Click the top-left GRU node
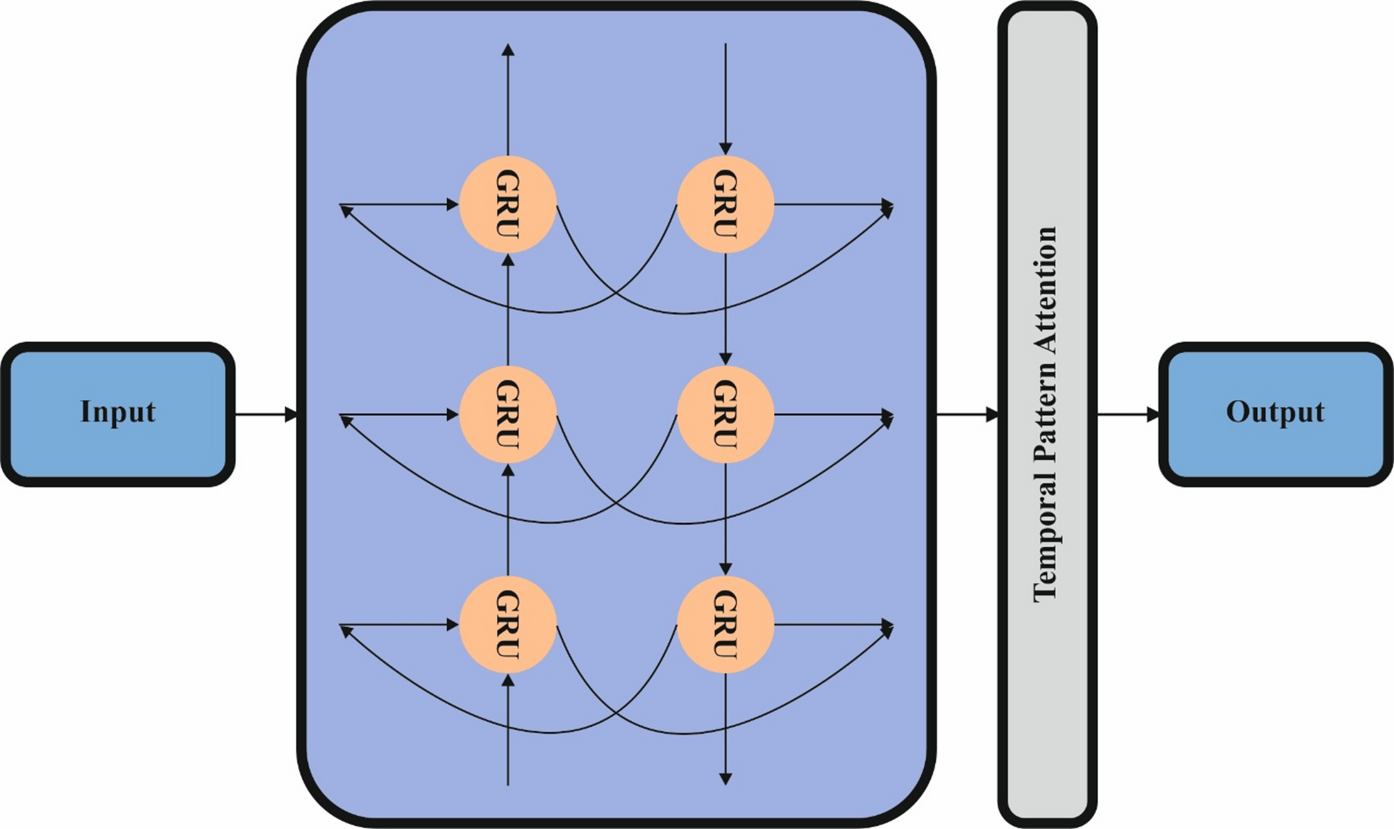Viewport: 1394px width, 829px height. click(508, 205)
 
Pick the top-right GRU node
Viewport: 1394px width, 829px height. click(725, 205)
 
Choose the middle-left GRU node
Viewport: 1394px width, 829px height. click(508, 415)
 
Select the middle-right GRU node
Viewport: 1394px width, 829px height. click(725, 415)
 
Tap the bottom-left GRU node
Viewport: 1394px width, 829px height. click(508, 625)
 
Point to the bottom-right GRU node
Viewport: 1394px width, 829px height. click(725, 625)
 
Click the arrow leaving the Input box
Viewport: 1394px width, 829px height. click(267, 414)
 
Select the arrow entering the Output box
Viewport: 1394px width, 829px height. click(1128, 414)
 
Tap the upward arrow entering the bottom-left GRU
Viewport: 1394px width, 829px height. click(508, 730)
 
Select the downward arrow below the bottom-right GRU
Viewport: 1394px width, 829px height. click(725, 729)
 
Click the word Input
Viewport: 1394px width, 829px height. click(118, 412)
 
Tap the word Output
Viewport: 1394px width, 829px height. click(1275, 412)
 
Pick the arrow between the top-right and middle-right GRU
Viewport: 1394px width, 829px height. click(725, 309)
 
